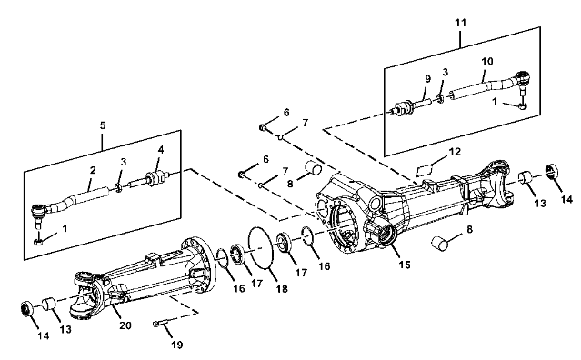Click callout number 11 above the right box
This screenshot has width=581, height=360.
pyautogui.click(x=460, y=23)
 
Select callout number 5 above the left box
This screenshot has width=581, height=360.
pyautogui.click(x=103, y=125)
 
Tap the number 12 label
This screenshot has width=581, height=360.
pyautogui.click(x=455, y=152)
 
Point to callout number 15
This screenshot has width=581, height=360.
pyautogui.click(x=405, y=265)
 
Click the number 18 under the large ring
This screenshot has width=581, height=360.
pyautogui.click(x=282, y=289)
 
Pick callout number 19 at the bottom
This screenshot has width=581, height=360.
pyautogui.click(x=177, y=345)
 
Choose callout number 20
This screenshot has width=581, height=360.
pyautogui.click(x=125, y=325)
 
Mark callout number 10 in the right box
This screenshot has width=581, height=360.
pyautogui.click(x=487, y=61)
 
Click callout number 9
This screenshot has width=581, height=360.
pyautogui.click(x=428, y=79)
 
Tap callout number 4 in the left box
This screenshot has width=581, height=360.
pyautogui.click(x=160, y=150)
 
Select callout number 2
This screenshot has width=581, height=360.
pyautogui.click(x=93, y=170)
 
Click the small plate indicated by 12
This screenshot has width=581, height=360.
pyautogui.click(x=425, y=170)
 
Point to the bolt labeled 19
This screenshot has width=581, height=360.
pyautogui.click(x=160, y=324)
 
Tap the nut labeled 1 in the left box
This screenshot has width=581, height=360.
pyautogui.click(x=38, y=242)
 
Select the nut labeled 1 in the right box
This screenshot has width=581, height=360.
pyautogui.click(x=523, y=106)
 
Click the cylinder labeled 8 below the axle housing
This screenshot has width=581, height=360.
pyautogui.click(x=440, y=243)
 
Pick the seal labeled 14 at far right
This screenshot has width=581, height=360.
pyautogui.click(x=552, y=171)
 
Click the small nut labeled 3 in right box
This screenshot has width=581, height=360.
pyautogui.click(x=441, y=99)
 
